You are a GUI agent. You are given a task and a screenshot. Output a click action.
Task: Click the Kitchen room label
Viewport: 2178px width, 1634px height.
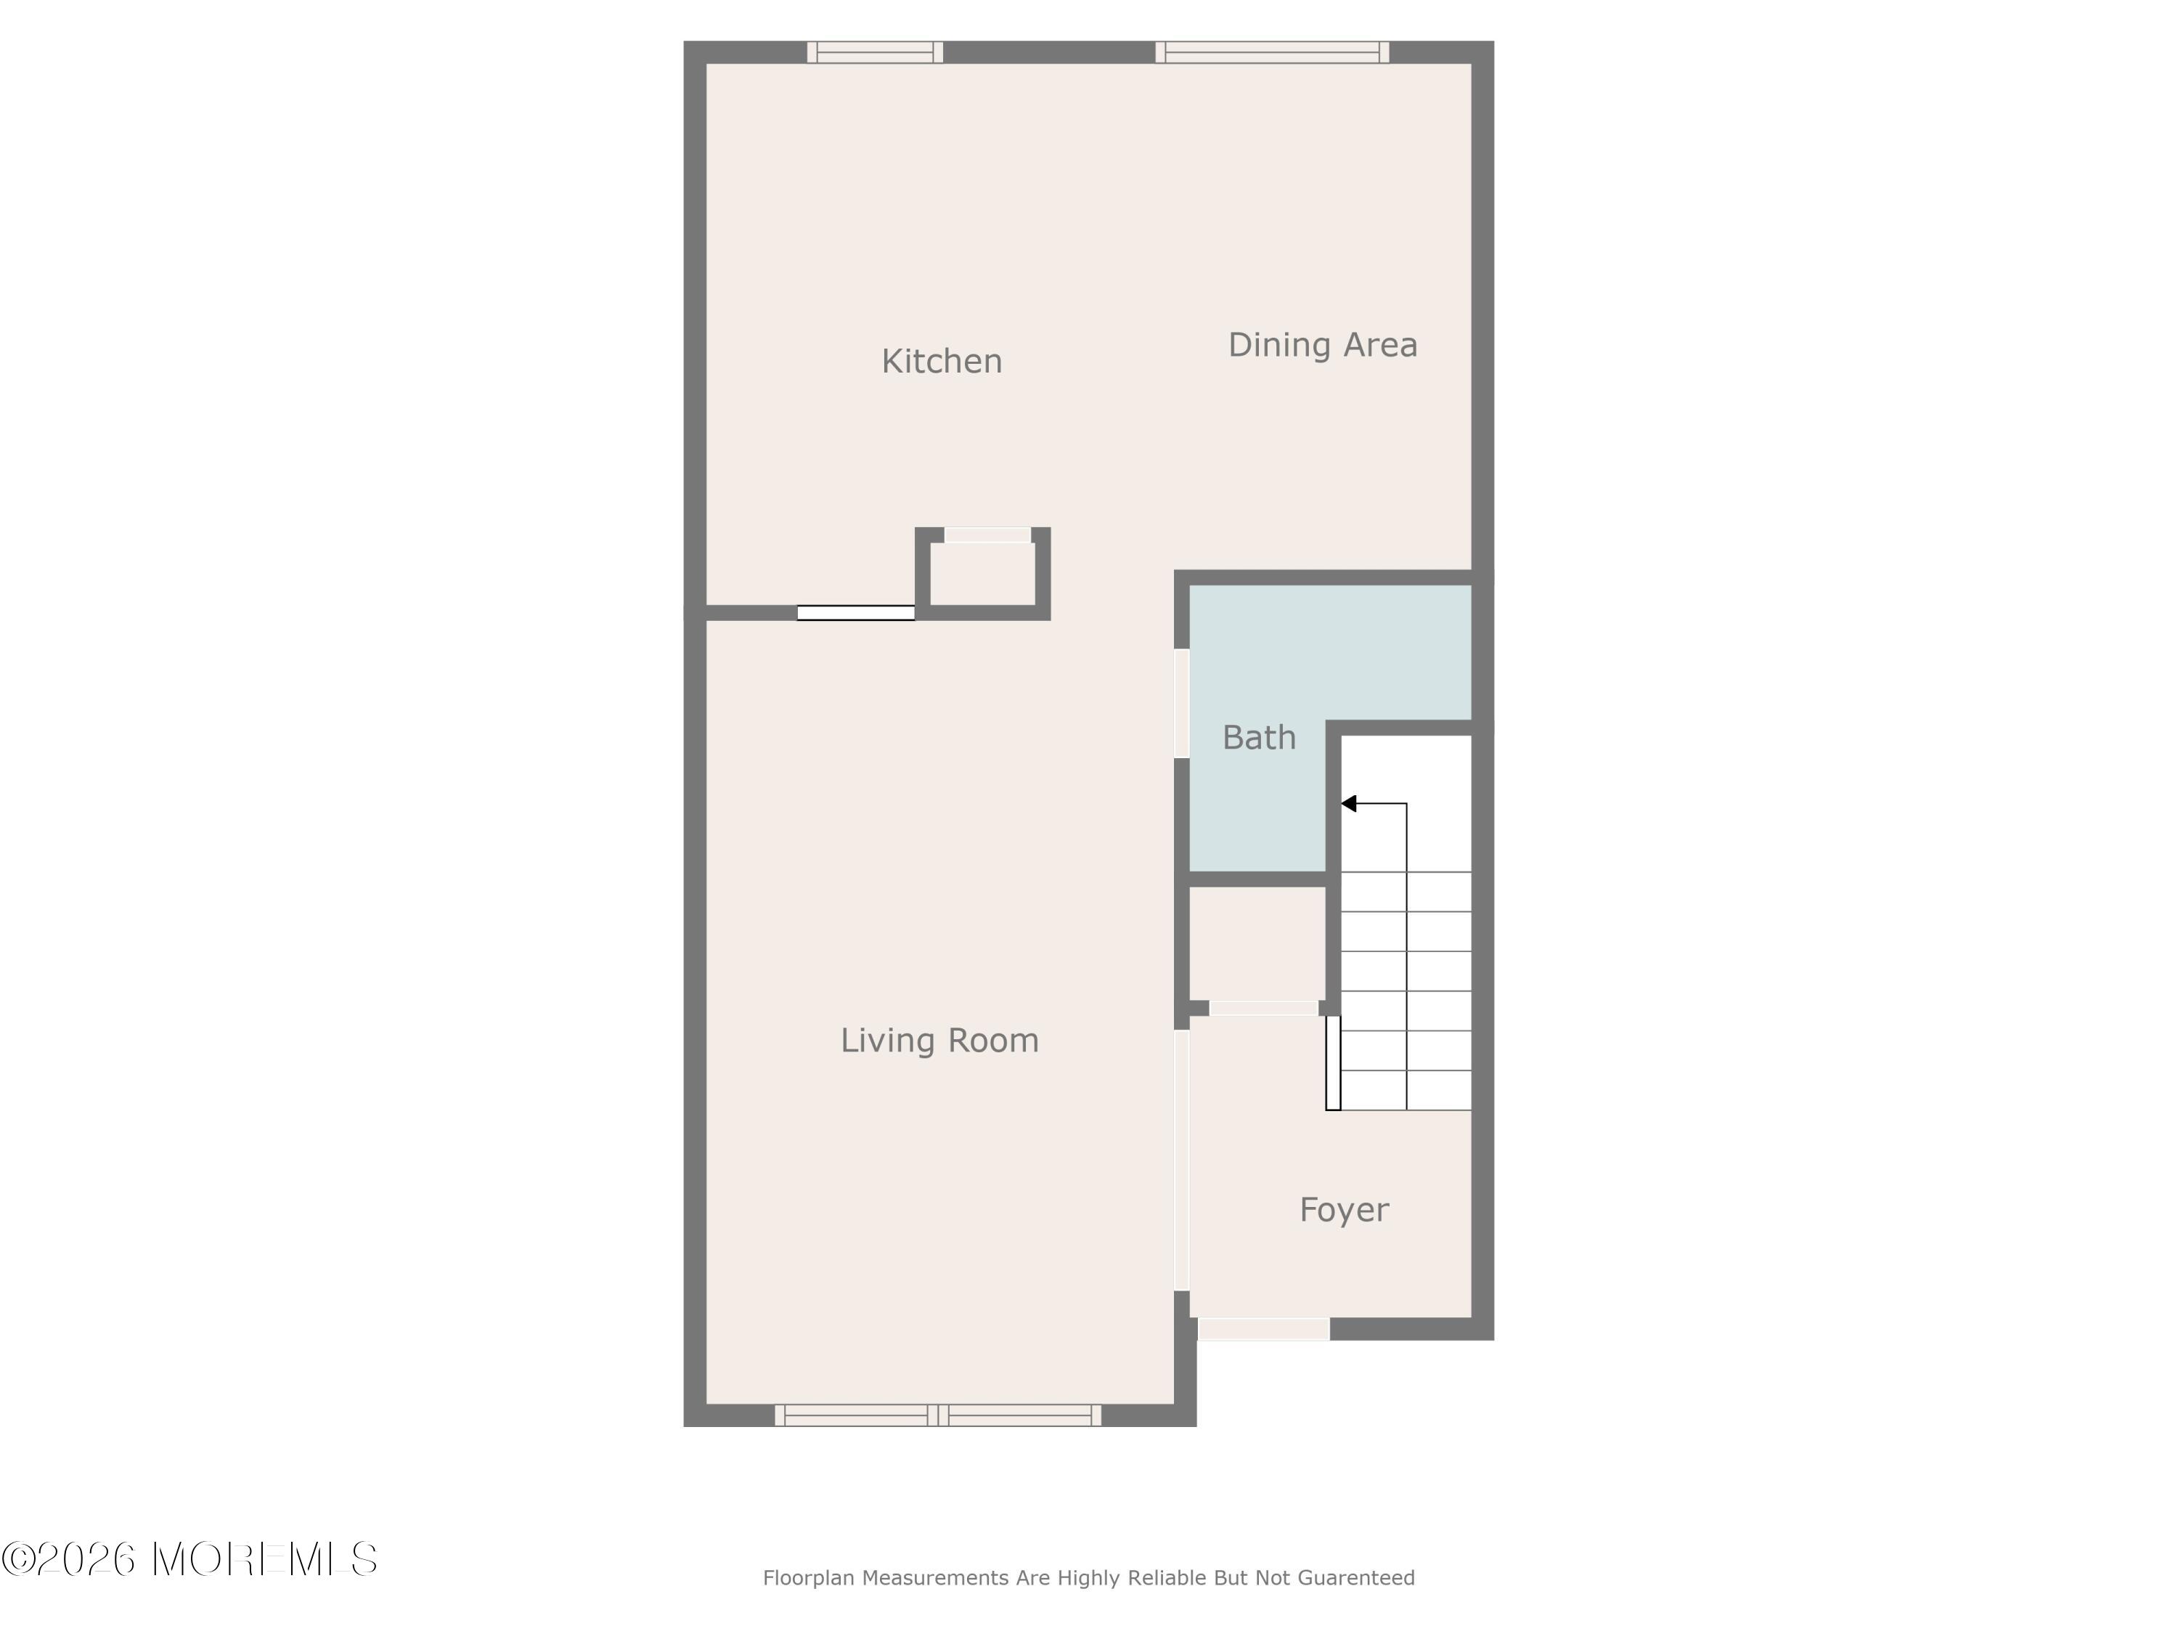pos(942,362)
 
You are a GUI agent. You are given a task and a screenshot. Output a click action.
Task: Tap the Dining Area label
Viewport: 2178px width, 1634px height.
pos(1322,345)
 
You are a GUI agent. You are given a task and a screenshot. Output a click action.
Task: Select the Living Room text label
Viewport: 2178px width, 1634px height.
pos(939,1041)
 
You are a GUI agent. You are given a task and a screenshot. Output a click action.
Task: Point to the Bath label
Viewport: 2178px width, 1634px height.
pos(1258,738)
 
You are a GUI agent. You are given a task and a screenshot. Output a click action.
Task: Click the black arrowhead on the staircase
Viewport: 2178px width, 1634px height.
pos(1349,804)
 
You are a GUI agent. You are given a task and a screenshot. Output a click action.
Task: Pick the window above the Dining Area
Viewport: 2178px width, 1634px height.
pos(1272,52)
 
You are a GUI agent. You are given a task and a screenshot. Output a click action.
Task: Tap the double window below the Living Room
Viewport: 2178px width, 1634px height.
pos(938,1415)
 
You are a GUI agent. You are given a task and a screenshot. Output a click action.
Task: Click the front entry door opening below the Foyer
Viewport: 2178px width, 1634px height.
pos(1263,1329)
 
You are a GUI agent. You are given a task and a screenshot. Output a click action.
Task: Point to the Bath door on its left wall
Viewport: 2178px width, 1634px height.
pos(1181,703)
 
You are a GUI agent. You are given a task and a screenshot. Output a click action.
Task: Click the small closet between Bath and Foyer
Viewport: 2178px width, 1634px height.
pos(1257,943)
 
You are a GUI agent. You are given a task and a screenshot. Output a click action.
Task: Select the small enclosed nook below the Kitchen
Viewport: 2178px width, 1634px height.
pos(983,573)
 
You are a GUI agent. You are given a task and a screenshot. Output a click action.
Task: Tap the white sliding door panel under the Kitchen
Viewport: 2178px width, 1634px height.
pos(856,613)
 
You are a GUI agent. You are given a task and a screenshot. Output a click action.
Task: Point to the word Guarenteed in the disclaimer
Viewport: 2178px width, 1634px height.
pos(1356,1578)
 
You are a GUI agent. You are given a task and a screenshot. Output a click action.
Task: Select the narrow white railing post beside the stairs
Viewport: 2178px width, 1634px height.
pos(1333,1062)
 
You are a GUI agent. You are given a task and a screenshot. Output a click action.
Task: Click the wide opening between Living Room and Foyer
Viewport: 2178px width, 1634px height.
pos(1181,1161)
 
